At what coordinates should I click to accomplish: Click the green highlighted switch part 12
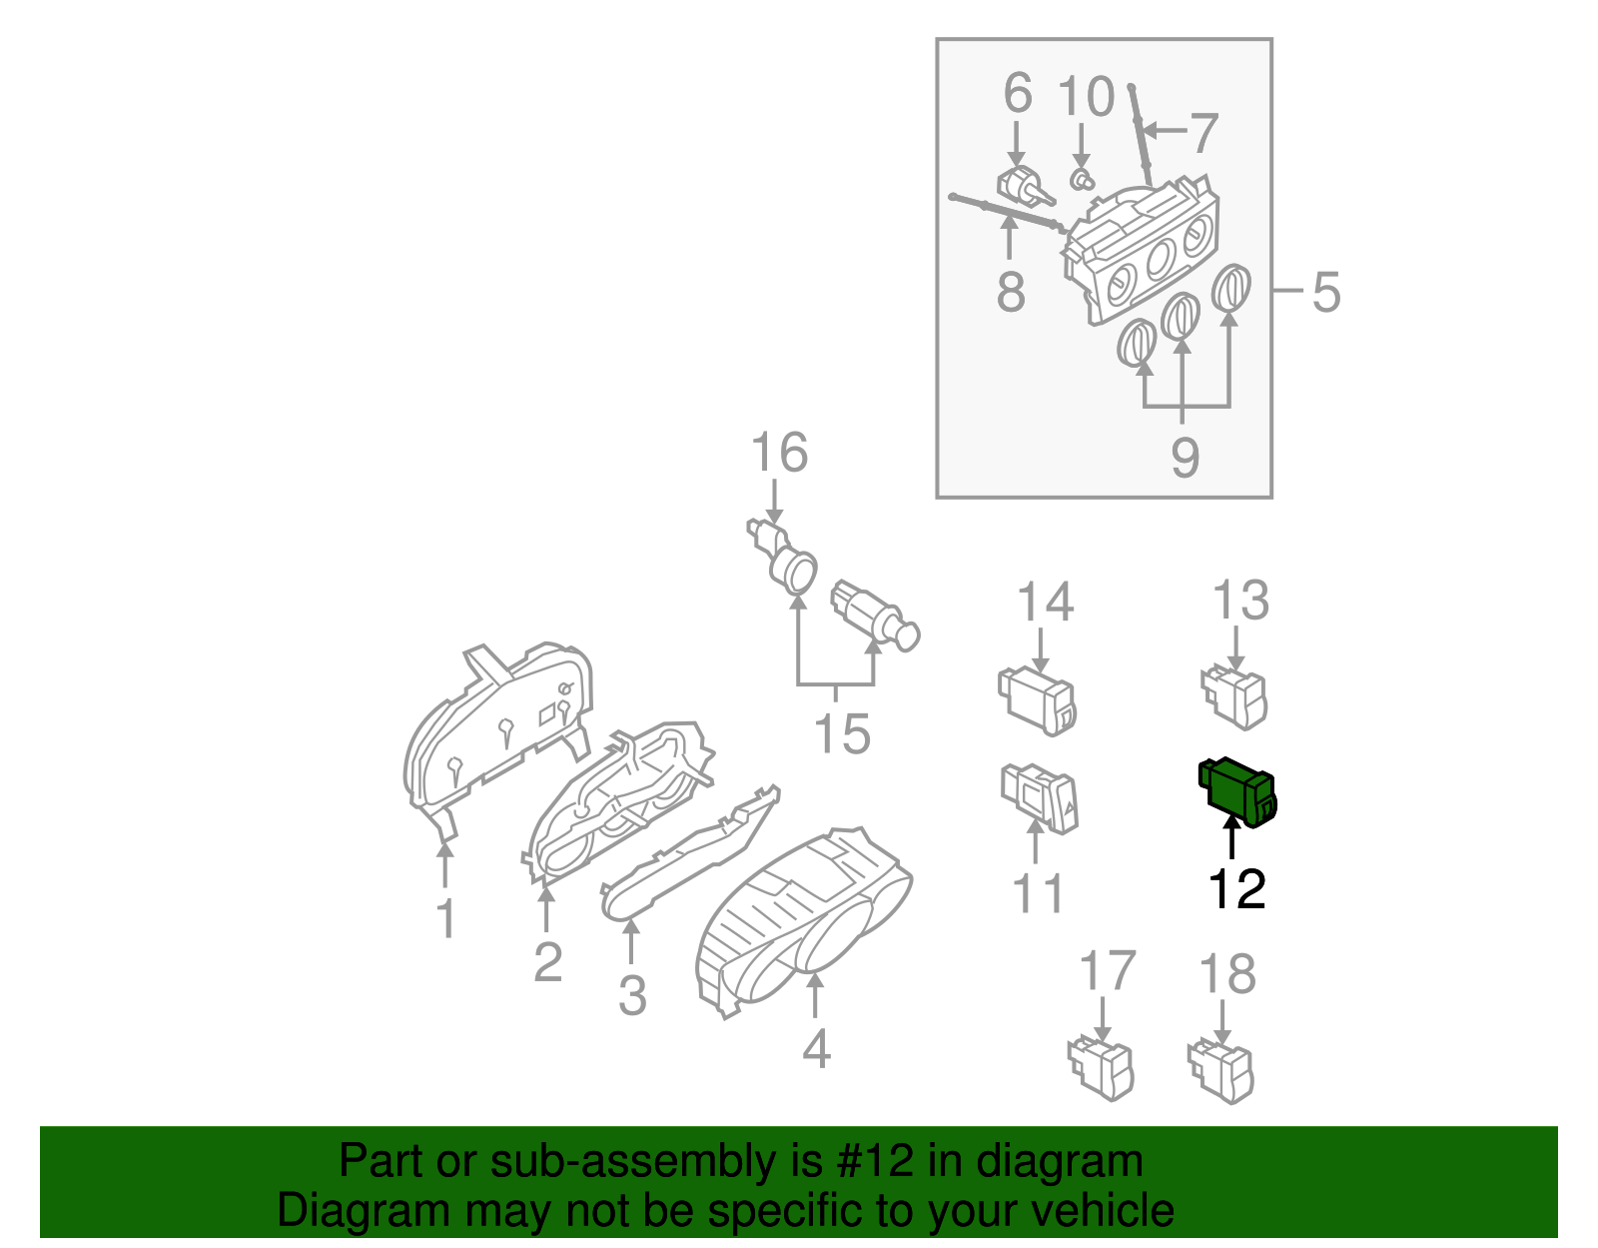pos(1237,792)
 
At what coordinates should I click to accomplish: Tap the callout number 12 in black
pos(1236,889)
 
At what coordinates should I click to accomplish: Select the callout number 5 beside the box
pos(1325,292)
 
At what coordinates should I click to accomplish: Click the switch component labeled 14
pos(1037,699)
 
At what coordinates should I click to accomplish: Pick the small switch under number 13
pos(1234,696)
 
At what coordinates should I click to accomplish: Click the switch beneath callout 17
pos(1101,1068)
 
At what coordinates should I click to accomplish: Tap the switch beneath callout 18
pos(1221,1070)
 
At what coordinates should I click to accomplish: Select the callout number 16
pos(779,454)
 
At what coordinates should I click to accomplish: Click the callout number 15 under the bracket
pos(842,734)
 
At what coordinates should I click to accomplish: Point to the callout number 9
pos(1185,458)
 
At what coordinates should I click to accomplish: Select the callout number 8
pos(1011,292)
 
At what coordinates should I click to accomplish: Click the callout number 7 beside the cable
pos(1205,133)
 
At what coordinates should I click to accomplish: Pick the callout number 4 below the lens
pos(816,1048)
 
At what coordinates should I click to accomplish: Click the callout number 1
pos(446,918)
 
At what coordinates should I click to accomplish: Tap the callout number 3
pos(631,995)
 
